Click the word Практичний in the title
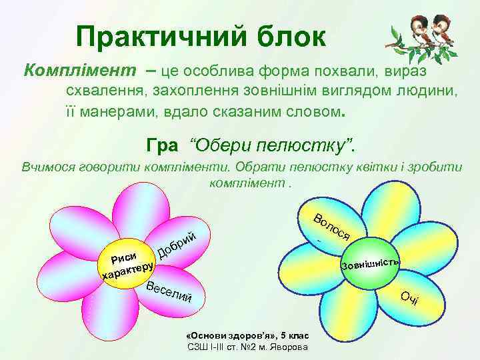point(160,37)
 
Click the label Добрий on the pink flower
point(177,245)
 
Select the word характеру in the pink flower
point(127,271)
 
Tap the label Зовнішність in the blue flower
point(370,263)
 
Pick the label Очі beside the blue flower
point(409,298)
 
